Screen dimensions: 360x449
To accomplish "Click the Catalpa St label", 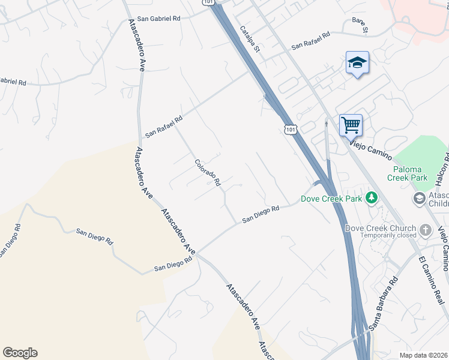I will [x=249, y=39].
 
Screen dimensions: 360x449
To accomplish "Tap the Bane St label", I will [x=360, y=26].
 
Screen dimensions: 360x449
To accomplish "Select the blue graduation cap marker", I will [x=357, y=63].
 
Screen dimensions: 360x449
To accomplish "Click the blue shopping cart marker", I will [x=351, y=126].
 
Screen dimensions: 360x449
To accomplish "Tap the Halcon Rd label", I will [x=444, y=164].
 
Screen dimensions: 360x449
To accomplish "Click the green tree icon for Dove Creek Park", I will [x=372, y=197].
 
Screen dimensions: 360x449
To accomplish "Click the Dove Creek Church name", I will [x=381, y=228].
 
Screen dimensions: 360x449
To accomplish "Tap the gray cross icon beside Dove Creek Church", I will [x=425, y=229].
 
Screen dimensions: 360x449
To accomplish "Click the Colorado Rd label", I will [x=208, y=172].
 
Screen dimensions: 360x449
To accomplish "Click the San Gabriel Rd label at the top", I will [x=158, y=19].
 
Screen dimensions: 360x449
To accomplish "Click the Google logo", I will [x=20, y=353].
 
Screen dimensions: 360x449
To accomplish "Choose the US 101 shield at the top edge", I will [x=208, y=3].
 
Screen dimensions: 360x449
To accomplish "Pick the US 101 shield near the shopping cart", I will [x=290, y=130].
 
